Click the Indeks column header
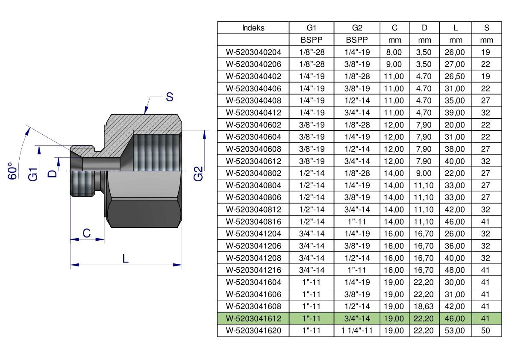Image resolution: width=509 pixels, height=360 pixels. click(253, 28)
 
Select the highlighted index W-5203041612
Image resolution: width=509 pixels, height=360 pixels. click(253, 319)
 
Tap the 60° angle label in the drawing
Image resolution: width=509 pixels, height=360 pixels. click(12, 171)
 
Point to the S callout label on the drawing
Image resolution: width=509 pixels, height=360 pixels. click(169, 97)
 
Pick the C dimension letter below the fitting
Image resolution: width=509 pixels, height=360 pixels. click(87, 233)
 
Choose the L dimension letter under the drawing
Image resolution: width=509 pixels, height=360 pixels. click(126, 258)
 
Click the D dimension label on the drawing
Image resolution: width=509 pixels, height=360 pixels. click(52, 173)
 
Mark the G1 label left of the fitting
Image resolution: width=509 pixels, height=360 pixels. click(33, 174)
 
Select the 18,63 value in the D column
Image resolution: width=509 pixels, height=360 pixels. click(424, 307)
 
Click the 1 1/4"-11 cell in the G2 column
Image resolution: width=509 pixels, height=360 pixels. click(357, 330)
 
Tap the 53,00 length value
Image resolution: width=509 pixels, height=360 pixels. click(455, 330)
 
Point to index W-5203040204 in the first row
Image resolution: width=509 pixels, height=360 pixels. click(253, 52)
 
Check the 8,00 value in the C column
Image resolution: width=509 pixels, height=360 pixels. click(394, 52)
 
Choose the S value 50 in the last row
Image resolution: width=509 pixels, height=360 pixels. click(485, 330)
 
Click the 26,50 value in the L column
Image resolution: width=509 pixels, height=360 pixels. click(455, 77)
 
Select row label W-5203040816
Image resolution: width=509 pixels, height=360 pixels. click(253, 222)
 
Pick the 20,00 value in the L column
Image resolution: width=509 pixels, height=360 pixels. click(455, 125)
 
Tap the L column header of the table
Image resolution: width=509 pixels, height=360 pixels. click(456, 28)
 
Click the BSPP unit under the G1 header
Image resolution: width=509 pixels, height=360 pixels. click(312, 40)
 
